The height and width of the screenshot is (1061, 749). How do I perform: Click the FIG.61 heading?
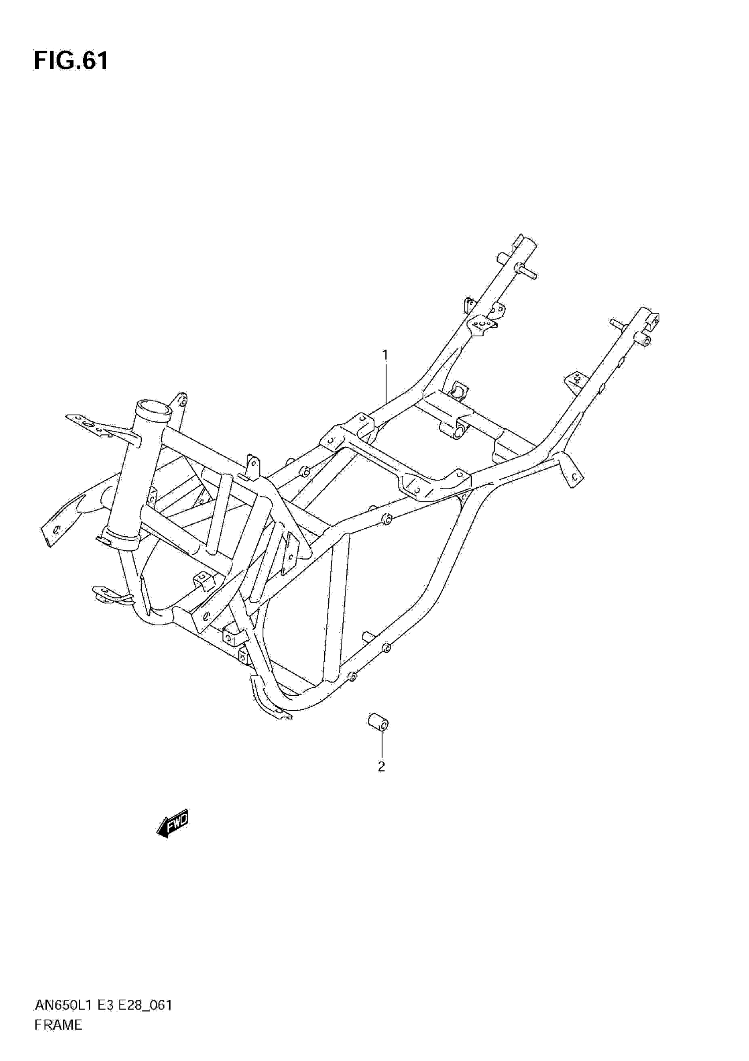(70, 60)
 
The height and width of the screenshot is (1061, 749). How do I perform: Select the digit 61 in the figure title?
(95, 60)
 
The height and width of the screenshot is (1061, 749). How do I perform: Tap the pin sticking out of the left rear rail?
(527, 273)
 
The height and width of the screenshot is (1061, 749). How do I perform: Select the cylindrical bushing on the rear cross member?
(458, 429)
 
